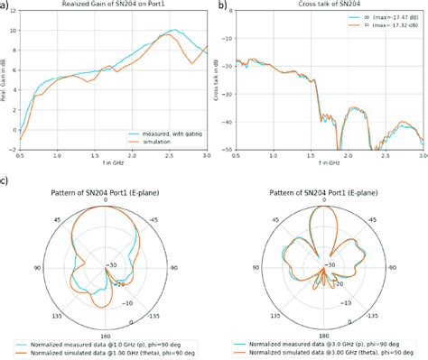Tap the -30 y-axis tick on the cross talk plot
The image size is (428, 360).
(227, 89)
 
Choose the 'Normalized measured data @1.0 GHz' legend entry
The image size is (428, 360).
(107, 345)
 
